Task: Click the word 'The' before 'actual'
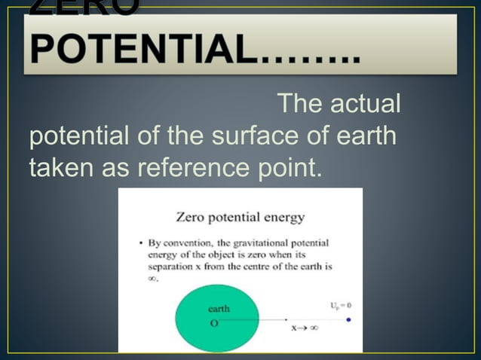point(300,105)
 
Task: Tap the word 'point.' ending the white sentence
point(284,170)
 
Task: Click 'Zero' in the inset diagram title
point(190,218)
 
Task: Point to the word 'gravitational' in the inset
point(262,244)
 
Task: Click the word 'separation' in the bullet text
point(170,267)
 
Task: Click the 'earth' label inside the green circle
point(219,308)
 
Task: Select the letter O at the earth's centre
point(214,322)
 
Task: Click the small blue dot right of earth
point(348,320)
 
